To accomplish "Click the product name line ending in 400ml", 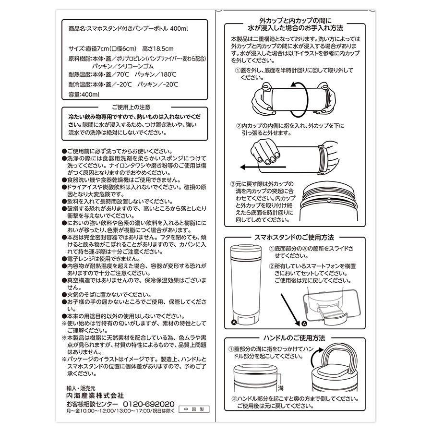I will pos(129,29).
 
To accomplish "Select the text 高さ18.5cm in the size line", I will pos(157,49).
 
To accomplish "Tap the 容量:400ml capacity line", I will pos(84,95).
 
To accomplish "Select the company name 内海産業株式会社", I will pos(95,396).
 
